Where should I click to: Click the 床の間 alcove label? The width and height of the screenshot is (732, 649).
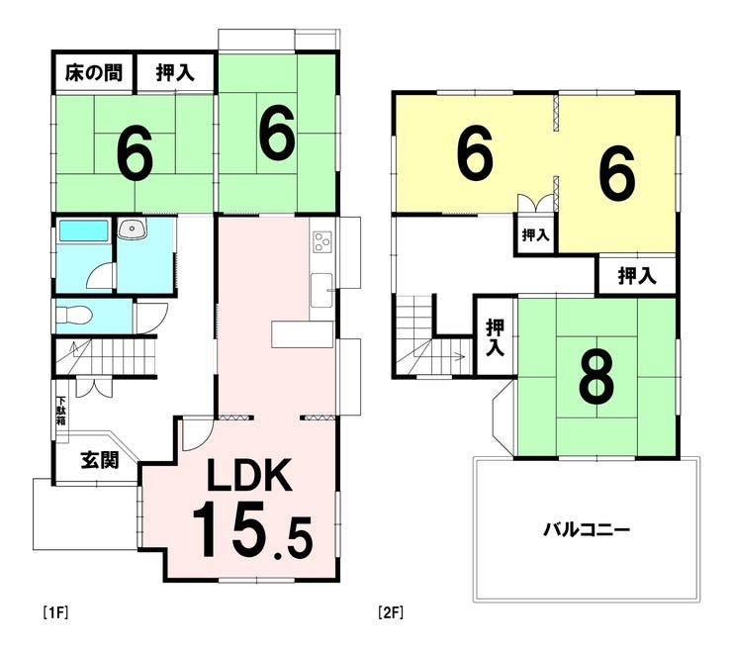[x=93, y=73]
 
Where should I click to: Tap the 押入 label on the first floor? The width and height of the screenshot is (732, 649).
[x=175, y=73]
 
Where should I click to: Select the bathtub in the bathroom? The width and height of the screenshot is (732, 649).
[x=83, y=232]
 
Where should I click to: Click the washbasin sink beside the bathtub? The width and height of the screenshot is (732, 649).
[x=133, y=230]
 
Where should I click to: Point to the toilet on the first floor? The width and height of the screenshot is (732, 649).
[x=72, y=316]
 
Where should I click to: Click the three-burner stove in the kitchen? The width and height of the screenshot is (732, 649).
[x=321, y=242]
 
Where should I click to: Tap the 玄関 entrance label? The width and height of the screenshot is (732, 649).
[x=100, y=460]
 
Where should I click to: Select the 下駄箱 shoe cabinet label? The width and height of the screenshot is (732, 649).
[x=61, y=411]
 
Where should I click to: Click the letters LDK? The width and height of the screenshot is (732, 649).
[x=249, y=475]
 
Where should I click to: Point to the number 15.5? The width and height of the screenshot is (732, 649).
[x=252, y=529]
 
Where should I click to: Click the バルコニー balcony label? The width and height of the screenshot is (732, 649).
[x=587, y=530]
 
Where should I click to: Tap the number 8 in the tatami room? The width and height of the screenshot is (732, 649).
[x=596, y=378]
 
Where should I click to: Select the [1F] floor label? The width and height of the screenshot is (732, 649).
[x=56, y=612]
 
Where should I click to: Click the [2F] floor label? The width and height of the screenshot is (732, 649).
[x=391, y=612]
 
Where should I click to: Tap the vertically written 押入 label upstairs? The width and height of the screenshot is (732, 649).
[x=496, y=337]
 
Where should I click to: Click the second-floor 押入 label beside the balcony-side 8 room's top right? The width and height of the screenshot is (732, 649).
[x=637, y=275]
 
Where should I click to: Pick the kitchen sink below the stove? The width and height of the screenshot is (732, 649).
[x=321, y=290]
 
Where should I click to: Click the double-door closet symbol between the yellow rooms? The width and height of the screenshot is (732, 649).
[x=536, y=204]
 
